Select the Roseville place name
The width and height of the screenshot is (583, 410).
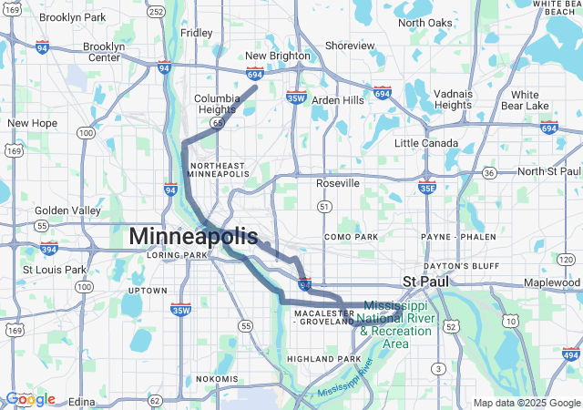(x=338, y=183)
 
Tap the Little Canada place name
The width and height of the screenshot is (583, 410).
(x=426, y=143)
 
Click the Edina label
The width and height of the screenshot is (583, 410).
(x=81, y=401)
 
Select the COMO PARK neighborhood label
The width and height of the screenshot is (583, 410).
(x=351, y=237)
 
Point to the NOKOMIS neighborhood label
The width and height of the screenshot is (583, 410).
(x=217, y=378)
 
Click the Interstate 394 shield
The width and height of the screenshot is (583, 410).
(x=48, y=248)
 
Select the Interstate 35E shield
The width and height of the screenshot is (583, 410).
(x=427, y=187)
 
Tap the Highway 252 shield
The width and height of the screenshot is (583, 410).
(x=157, y=12)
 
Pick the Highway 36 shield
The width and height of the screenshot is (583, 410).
(x=489, y=171)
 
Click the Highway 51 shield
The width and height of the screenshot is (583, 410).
(x=323, y=208)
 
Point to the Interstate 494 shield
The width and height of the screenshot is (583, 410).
(x=572, y=354)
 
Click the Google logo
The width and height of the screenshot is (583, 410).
(x=30, y=399)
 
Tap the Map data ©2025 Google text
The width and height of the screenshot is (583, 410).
(x=526, y=403)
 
